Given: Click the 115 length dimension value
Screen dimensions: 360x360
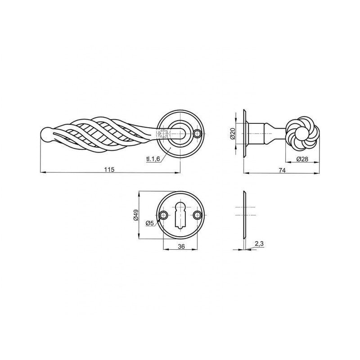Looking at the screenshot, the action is pos(109,170).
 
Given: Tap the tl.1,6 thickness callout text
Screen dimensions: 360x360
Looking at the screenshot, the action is pos(153,159).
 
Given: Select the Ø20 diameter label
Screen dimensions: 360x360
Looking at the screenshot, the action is pos(232,134).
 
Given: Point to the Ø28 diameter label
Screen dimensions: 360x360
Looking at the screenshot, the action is pos(302,159).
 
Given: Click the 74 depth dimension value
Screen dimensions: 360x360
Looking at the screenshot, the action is pos(282,170).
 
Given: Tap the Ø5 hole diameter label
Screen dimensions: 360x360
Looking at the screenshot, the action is pos(149,223).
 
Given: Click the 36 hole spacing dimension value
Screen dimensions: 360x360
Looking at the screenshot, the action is pos(181,246).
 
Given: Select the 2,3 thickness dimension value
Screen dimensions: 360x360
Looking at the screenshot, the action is pos(259,244).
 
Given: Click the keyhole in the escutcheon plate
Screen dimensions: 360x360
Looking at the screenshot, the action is pos(180,215).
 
